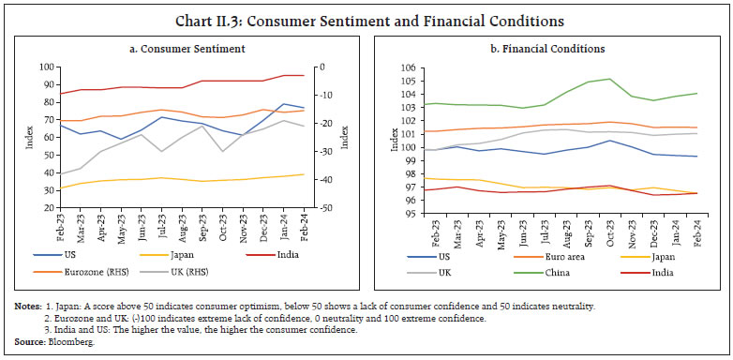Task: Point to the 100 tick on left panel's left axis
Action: tap(47, 67)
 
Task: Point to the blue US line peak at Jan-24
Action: tap(283, 104)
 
